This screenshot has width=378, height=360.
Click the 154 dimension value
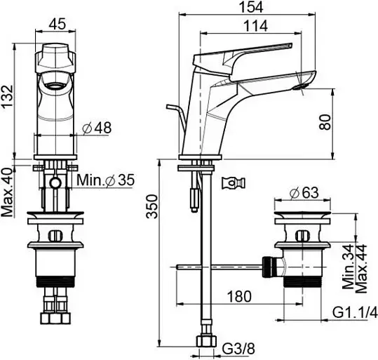tap(252, 7)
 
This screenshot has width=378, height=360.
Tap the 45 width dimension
tap(57, 24)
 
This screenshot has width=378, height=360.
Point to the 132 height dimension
tap(7, 97)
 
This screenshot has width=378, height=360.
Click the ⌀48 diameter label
tap(97, 128)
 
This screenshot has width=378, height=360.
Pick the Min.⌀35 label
tap(106, 180)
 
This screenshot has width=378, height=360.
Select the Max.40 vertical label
tap(7, 192)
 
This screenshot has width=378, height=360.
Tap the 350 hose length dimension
tap(152, 206)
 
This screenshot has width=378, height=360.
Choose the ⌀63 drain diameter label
tap(304, 192)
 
